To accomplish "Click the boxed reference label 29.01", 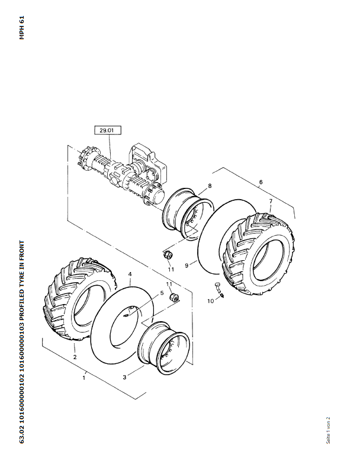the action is point(107,130).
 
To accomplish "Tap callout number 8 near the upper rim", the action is point(210,186).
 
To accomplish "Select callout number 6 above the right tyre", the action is point(261,182).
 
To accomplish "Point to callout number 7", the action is point(271,201).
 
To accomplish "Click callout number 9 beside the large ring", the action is point(187,265).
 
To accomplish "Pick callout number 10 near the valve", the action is point(210,301).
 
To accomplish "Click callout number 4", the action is point(130,274).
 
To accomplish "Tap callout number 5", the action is point(162,293).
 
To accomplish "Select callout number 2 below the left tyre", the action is point(75,357).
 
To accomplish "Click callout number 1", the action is point(84,378).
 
